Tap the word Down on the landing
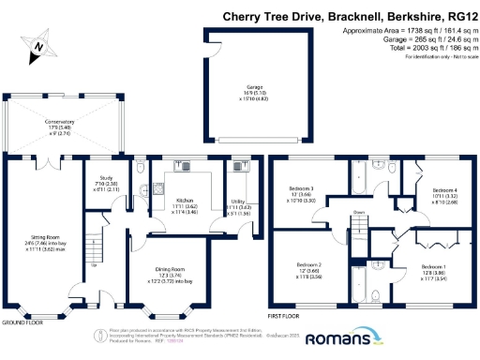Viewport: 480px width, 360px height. pos(357,213)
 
